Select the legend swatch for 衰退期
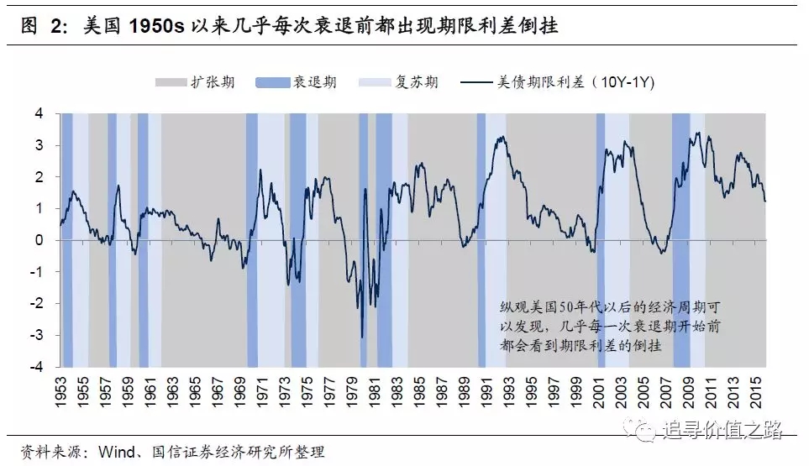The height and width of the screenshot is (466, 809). pos(271,82)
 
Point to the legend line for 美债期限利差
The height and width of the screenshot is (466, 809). pos(468,82)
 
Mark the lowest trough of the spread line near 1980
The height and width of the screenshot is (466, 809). pos(362,338)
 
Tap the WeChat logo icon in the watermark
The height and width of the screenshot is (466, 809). pos(648,432)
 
